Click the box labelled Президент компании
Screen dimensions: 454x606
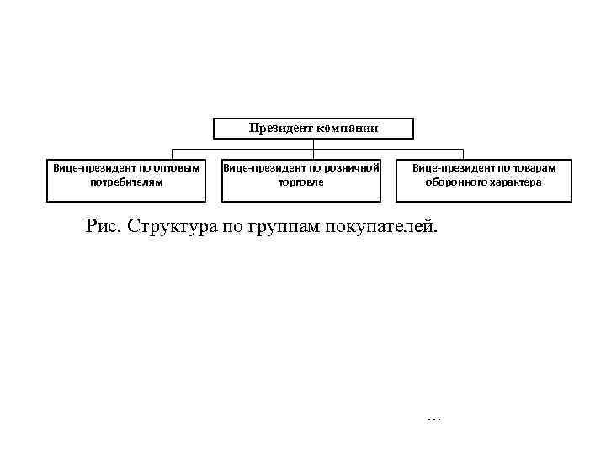[x=313, y=128]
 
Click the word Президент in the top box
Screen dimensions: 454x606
[x=281, y=128]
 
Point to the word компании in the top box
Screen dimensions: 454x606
[x=347, y=128]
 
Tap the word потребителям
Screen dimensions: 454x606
[x=125, y=182]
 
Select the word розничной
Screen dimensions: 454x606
[x=353, y=167]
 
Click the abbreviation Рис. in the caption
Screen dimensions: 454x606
[x=102, y=226]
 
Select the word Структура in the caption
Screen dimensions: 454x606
[x=167, y=226]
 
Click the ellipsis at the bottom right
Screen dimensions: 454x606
[x=434, y=418]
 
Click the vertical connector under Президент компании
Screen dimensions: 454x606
[x=313, y=145]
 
